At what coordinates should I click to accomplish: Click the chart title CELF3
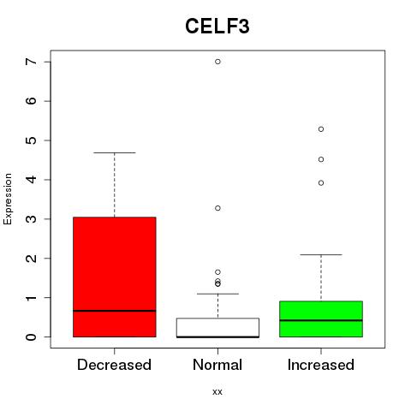click(x=217, y=27)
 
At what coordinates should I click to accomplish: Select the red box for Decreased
click(x=115, y=277)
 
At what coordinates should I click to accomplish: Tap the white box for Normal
click(x=217, y=328)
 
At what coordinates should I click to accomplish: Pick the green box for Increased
click(x=321, y=319)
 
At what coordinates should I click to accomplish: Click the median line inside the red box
click(x=115, y=311)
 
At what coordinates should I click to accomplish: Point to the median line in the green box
click(x=321, y=320)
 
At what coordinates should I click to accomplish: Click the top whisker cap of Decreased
click(x=115, y=152)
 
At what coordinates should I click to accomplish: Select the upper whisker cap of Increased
click(x=321, y=254)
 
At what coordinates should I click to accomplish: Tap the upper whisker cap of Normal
click(x=217, y=294)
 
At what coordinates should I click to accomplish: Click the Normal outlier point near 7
click(x=217, y=62)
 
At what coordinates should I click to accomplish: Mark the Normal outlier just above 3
click(x=217, y=208)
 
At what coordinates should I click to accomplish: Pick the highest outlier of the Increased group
click(x=321, y=129)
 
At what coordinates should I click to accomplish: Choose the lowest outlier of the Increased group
click(x=321, y=183)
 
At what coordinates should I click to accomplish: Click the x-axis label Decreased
click(x=114, y=365)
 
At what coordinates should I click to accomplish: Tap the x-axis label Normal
click(x=217, y=365)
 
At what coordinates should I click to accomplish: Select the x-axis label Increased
click(x=321, y=365)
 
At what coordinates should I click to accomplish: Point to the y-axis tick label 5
click(x=32, y=140)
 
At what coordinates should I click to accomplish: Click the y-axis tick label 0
click(x=32, y=337)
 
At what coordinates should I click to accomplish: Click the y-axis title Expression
click(x=8, y=199)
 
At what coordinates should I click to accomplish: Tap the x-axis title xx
click(x=217, y=392)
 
